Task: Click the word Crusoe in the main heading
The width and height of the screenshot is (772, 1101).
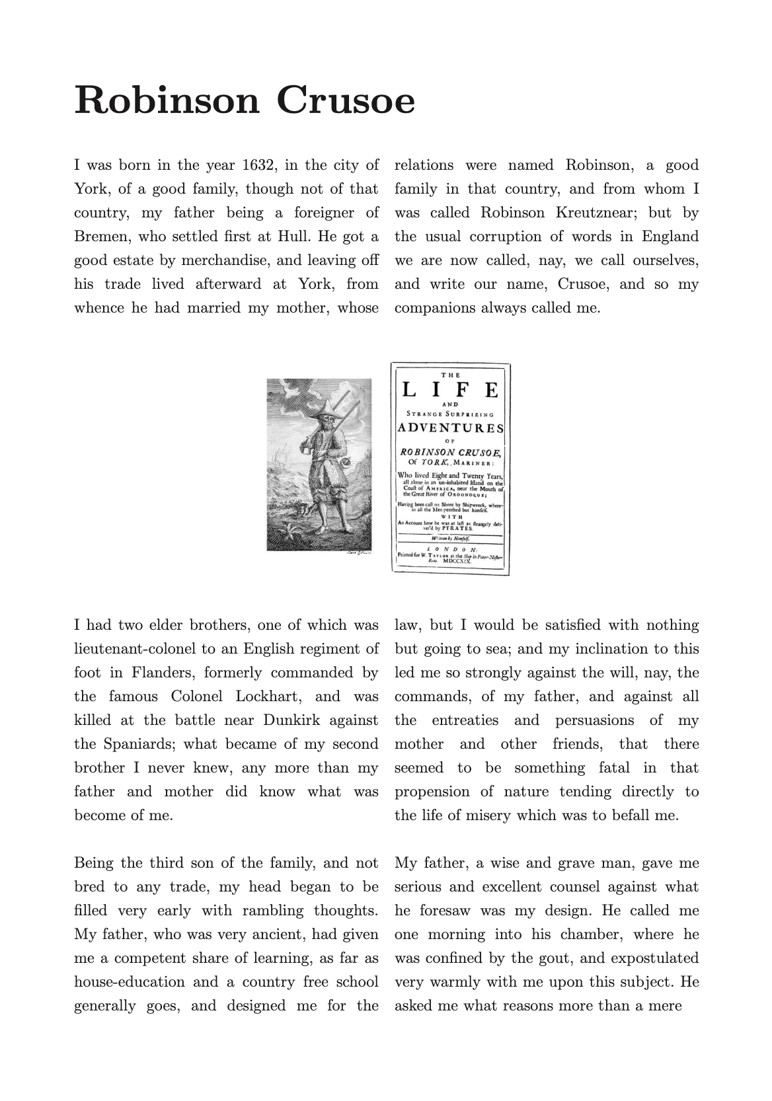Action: pos(346,101)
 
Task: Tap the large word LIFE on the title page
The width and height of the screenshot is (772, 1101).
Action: pos(450,391)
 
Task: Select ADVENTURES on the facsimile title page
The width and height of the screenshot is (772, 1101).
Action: pos(450,428)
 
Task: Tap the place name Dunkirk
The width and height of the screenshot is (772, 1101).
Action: pos(292,720)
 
